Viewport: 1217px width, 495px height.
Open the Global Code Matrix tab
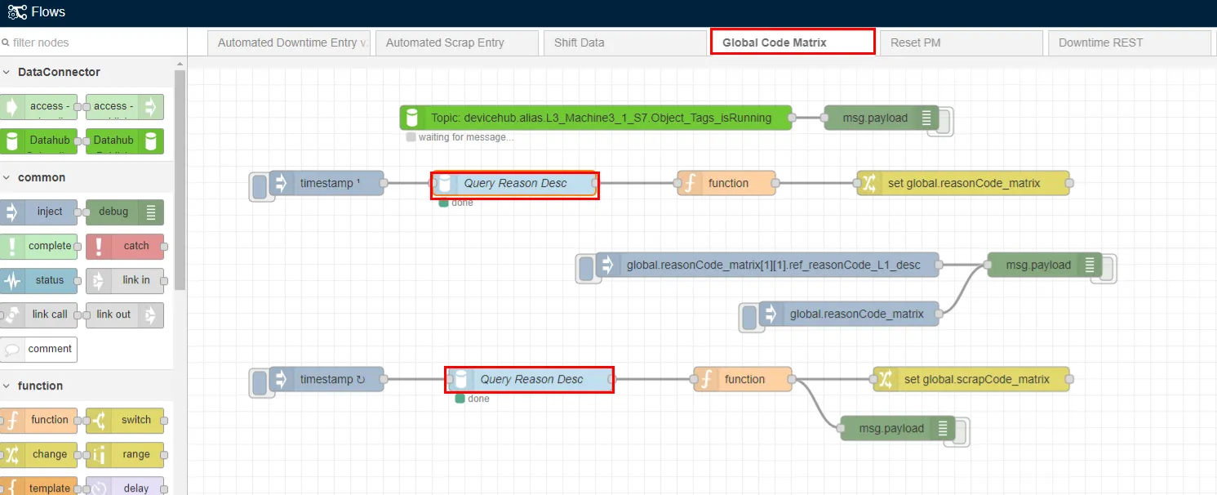click(793, 42)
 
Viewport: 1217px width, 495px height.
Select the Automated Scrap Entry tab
click(457, 42)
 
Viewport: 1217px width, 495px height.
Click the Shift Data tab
click(624, 42)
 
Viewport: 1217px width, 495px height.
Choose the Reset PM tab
click(961, 42)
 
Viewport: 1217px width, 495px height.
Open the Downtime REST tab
click(1129, 42)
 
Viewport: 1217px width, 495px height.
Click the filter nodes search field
click(93, 42)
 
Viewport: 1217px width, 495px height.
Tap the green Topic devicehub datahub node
click(596, 118)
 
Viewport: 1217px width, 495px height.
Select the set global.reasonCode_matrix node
click(962, 183)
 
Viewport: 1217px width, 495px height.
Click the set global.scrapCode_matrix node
click(970, 379)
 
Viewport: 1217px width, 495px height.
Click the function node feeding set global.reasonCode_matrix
click(726, 183)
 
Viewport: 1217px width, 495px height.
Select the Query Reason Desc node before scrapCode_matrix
click(530, 379)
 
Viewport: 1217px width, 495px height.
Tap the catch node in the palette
click(125, 246)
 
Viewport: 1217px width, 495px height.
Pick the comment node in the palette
click(38, 349)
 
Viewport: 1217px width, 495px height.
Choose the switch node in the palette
click(125, 420)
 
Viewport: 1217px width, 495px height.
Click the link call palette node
click(38, 314)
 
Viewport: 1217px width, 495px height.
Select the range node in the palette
click(125, 454)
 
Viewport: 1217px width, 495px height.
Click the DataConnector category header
click(59, 72)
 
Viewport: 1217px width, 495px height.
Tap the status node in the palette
click(38, 280)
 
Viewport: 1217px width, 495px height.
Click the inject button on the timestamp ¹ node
click(260, 186)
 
